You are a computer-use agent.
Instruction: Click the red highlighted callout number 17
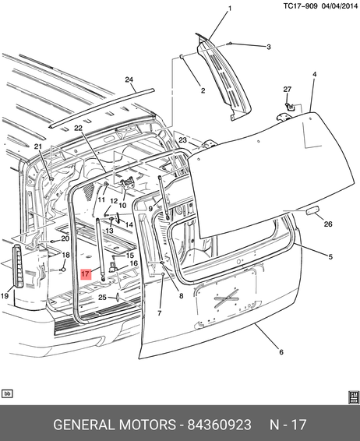click(86, 273)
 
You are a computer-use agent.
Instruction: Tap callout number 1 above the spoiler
click(230, 9)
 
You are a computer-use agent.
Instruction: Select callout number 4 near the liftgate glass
click(315, 74)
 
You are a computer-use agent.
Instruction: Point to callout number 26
click(328, 224)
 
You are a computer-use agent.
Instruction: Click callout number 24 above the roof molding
click(129, 80)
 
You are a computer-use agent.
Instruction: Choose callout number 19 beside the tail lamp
click(5, 295)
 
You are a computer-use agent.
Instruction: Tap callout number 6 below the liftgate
click(281, 352)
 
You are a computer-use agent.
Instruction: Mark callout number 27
click(288, 90)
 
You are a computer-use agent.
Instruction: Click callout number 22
click(78, 128)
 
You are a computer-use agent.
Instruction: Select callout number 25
click(102, 298)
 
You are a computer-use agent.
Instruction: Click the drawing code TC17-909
click(300, 6)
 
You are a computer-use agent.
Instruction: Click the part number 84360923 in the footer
click(220, 425)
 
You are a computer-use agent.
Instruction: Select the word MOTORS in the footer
click(147, 425)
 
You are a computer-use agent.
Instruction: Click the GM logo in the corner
click(354, 397)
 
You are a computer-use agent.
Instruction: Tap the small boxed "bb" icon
click(7, 393)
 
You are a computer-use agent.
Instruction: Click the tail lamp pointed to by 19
click(19, 266)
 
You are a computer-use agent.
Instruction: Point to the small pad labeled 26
click(311, 211)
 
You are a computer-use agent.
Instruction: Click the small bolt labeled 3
click(228, 44)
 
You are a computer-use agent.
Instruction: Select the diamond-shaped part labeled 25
click(118, 297)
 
